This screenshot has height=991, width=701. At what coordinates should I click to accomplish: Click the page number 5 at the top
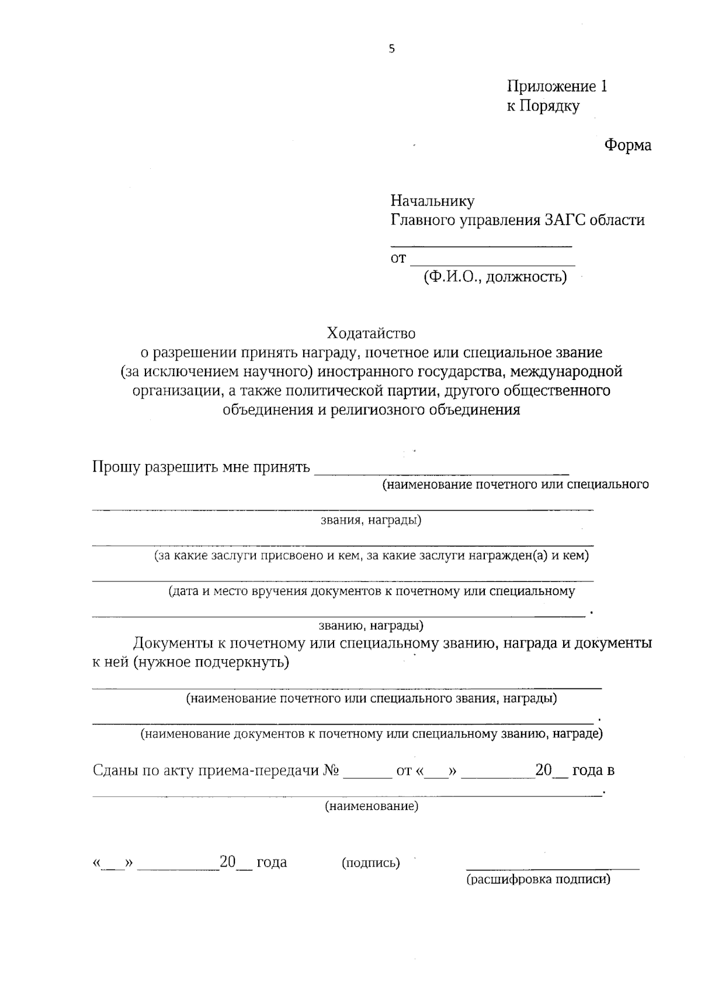coord(391,49)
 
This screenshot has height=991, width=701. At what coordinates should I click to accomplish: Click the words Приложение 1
coord(556,86)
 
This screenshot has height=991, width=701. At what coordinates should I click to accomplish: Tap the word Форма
coord(627,144)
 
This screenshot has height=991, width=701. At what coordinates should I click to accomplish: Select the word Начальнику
coord(432,201)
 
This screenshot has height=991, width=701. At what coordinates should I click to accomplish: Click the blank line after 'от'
coord(492,260)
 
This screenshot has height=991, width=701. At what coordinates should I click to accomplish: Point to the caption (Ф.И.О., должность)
coord(495,276)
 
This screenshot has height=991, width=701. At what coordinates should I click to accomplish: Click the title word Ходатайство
coord(371,333)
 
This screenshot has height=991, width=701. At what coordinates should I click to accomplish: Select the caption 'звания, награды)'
coord(371,520)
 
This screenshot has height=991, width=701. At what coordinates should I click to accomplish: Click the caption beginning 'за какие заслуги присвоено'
coord(371,556)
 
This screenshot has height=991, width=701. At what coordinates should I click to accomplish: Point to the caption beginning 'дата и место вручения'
coord(372,591)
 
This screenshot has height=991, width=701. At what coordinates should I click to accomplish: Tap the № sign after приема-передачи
coord(331,770)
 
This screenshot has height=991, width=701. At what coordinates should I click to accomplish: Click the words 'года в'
coord(593,770)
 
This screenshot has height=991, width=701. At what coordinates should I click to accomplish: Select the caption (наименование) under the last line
coord(372,806)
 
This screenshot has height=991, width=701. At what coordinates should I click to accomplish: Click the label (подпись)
coord(370,862)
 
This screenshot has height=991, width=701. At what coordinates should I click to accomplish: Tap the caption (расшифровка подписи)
coord(538,879)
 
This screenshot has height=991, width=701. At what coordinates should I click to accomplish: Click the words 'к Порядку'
coord(543,106)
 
